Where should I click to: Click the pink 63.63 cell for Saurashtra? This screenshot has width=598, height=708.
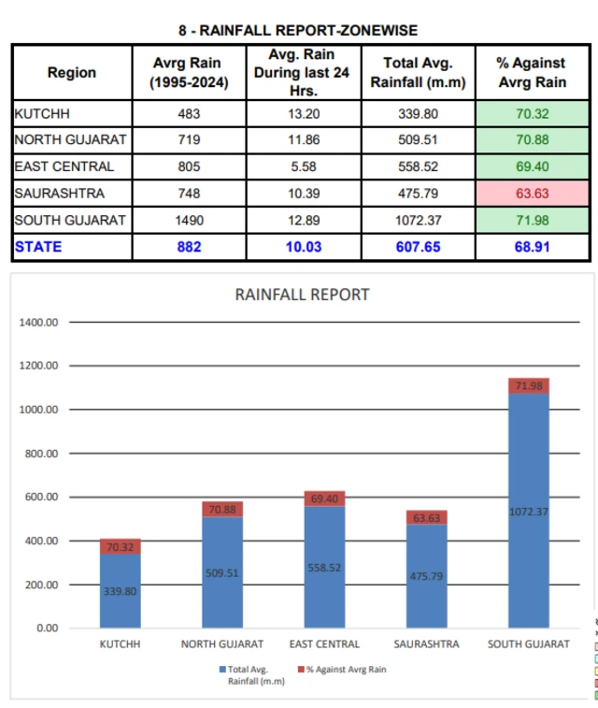(532, 195)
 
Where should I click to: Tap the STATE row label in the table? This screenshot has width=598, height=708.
(38, 247)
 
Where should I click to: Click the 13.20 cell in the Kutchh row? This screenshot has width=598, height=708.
(302, 114)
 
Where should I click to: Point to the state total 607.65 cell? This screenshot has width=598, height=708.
(418, 247)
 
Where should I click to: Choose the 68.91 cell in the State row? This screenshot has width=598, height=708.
(532, 247)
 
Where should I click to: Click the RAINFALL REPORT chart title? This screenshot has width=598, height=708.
(302, 295)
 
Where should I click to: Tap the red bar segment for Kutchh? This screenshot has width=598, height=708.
(121, 547)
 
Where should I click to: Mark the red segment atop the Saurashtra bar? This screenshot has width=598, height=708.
(427, 517)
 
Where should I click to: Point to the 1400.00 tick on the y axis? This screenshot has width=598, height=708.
(39, 322)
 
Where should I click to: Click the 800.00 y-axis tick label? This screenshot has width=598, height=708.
(39, 454)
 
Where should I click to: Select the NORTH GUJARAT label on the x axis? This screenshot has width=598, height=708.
(222, 644)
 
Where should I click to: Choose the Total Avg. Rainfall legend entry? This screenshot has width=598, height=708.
(248, 674)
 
